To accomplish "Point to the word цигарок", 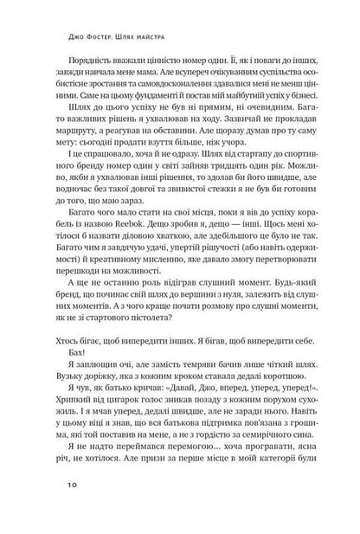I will (136, 421).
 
